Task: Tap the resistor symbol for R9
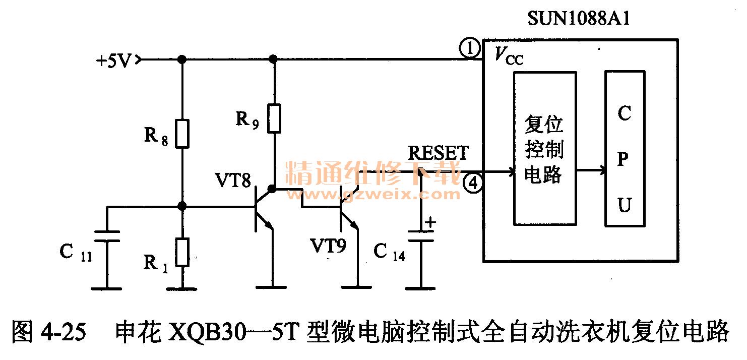(x=274, y=118)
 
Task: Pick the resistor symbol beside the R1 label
(x=182, y=252)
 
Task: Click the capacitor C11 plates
(x=107, y=236)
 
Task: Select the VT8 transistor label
(x=233, y=180)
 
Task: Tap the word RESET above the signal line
(x=438, y=153)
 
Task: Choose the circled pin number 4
(x=473, y=184)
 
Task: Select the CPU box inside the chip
(x=625, y=149)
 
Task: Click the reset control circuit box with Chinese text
(x=544, y=148)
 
